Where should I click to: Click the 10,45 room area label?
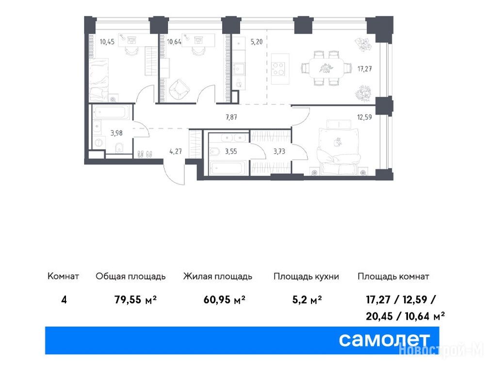point(107,42)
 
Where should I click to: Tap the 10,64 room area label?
point(174,42)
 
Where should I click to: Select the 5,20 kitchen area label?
point(256,42)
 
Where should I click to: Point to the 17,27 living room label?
point(364,69)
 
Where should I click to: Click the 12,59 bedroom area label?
point(364,117)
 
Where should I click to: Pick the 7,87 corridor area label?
point(231,117)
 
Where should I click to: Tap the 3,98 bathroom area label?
point(116,133)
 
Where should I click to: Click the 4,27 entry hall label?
point(175,152)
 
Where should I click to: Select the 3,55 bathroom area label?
point(231,152)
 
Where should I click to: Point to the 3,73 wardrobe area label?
point(279,152)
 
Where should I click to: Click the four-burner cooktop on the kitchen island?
point(278,69)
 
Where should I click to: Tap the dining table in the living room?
point(326,68)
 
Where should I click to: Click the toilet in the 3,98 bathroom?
point(119,148)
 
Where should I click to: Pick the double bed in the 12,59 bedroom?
point(338,147)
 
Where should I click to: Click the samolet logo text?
point(384,340)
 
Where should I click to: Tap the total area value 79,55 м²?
point(135,300)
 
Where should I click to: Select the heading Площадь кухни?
point(306,277)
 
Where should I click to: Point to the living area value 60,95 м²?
point(224,300)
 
